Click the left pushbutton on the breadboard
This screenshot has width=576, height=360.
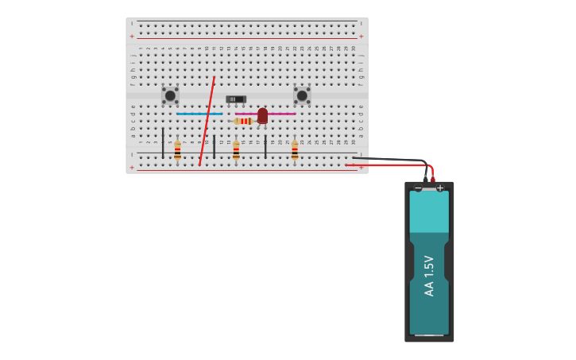(170, 95)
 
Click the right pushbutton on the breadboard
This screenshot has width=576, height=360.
(302, 95)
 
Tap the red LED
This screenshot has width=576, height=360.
(262, 115)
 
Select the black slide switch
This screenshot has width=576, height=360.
(236, 99)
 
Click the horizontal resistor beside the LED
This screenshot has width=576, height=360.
(244, 121)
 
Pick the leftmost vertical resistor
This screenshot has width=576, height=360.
(177, 149)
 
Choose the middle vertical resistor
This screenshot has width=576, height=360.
(236, 149)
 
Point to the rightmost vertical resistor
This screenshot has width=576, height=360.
(295, 149)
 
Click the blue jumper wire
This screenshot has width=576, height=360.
(199, 114)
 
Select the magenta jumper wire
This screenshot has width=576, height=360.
(283, 114)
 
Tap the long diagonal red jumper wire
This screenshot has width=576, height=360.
(207, 119)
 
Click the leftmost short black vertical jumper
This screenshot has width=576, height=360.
(163, 142)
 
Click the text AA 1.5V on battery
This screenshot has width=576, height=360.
(429, 276)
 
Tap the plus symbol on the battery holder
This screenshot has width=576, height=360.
(440, 188)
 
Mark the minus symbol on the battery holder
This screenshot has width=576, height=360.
(419, 188)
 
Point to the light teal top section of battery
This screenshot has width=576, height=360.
(429, 211)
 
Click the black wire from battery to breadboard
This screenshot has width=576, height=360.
(389, 160)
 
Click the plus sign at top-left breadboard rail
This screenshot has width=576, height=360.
(132, 36)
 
